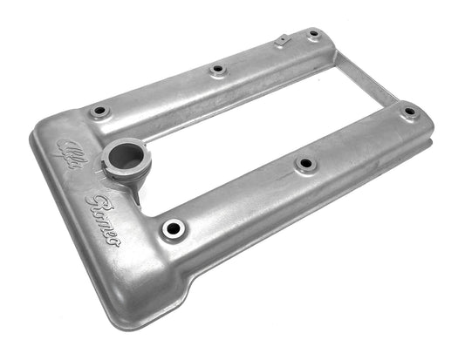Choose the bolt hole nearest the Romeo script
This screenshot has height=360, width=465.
pyautogui.click(x=173, y=229)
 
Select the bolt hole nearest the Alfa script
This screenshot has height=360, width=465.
pyautogui.click(x=99, y=112)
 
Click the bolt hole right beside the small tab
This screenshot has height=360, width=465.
pyautogui.click(x=313, y=34)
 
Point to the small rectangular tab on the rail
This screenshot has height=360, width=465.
pyautogui.click(x=281, y=40)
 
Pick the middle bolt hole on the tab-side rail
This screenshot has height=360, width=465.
pyautogui.click(x=217, y=70)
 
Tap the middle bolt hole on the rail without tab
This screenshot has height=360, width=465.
pyautogui.click(x=304, y=163)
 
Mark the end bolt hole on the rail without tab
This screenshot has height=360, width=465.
pyautogui.click(x=408, y=112)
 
